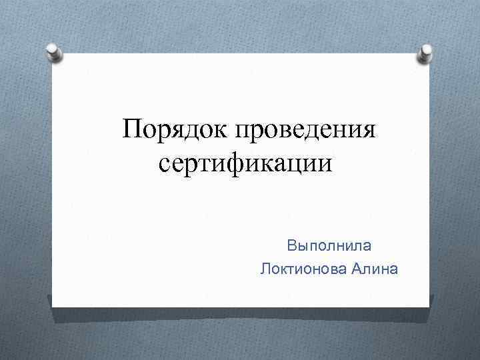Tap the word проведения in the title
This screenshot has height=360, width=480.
click(305, 129)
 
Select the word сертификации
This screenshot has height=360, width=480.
click(245, 163)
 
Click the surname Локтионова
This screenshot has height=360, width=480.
click(303, 269)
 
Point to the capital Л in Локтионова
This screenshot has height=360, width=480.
click(267, 269)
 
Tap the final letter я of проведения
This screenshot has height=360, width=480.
click(369, 129)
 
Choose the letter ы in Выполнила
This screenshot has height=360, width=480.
click(301, 246)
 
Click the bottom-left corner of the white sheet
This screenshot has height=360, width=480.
click(53, 307)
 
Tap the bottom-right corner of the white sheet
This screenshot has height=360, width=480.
click(429, 307)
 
